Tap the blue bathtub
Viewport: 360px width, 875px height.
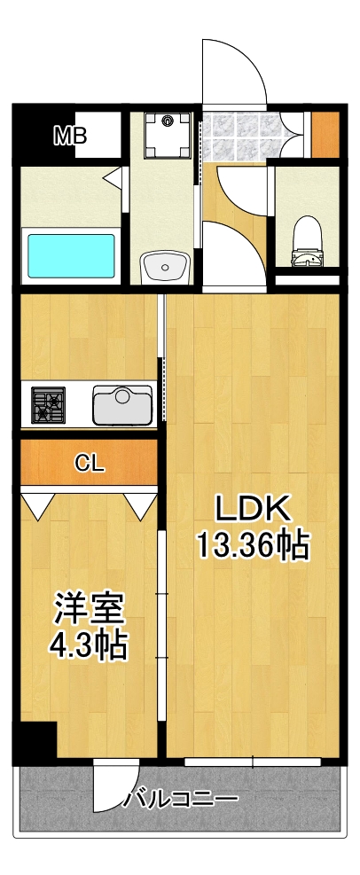[71, 255]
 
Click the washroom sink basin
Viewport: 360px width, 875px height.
[164, 265]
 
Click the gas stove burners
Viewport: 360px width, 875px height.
[49, 405]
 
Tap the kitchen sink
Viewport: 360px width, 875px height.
[122, 405]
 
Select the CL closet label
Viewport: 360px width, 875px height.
[90, 462]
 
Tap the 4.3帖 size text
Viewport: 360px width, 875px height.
[88, 645]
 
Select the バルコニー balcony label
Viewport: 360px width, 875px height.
[181, 799]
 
